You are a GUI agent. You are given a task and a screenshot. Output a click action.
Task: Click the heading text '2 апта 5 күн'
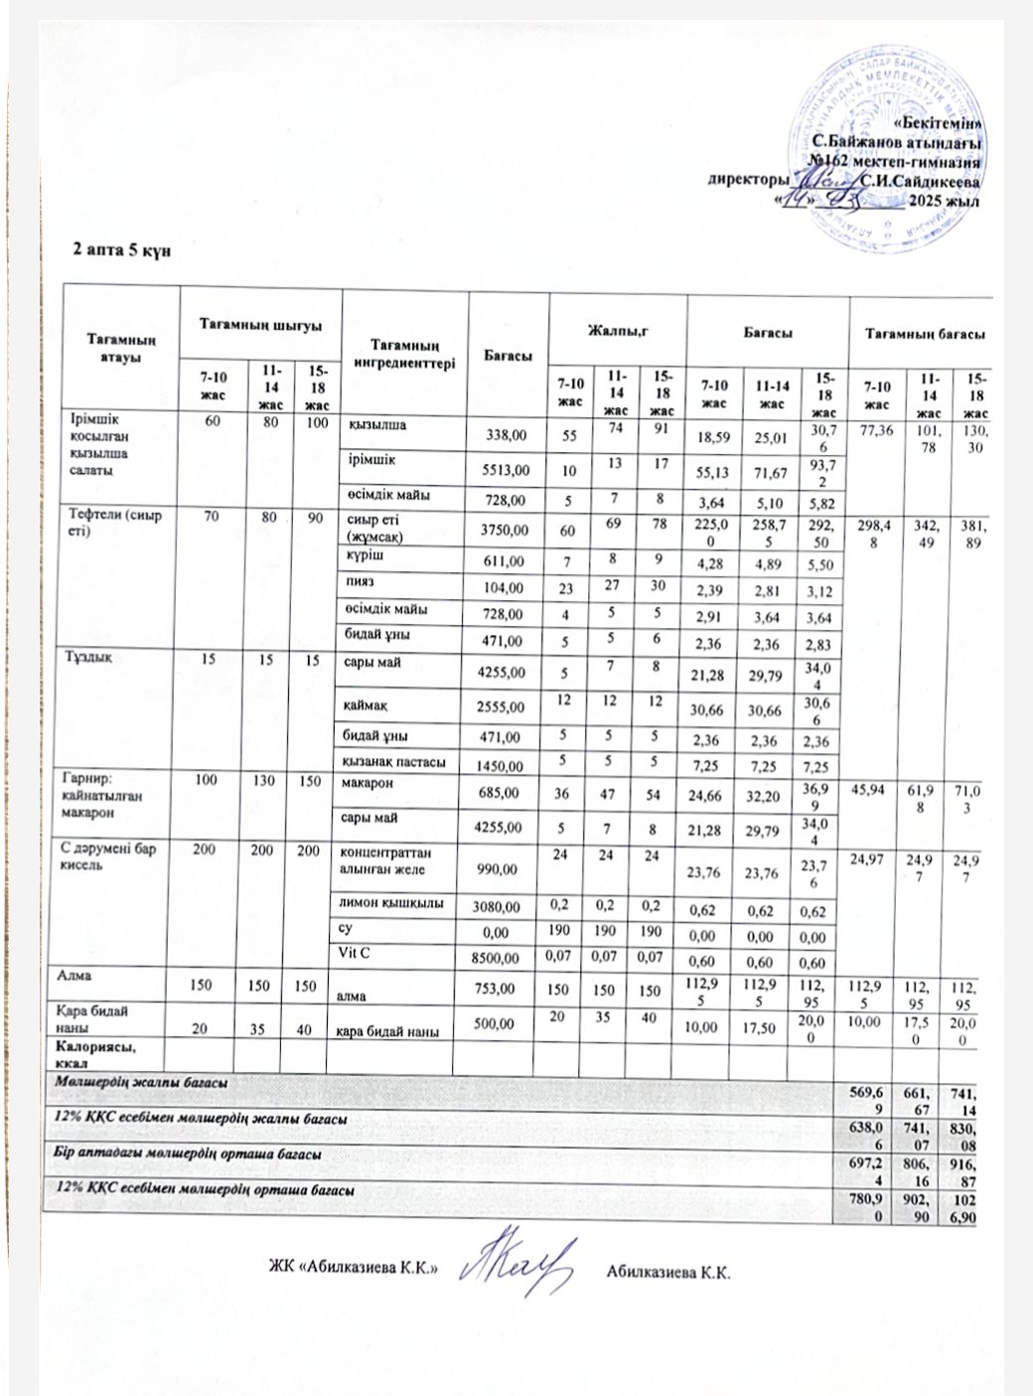point(122,249)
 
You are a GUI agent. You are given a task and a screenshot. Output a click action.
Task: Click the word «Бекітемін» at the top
point(938,124)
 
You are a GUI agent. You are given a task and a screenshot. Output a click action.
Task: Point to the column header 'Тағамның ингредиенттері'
point(404,354)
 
